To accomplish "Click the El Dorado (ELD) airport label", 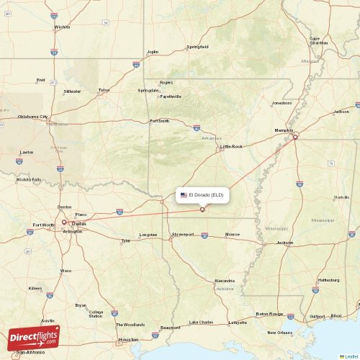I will pyautogui.click(x=207, y=195).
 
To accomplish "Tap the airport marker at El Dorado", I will pyautogui.click(x=202, y=210).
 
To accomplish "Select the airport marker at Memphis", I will pyautogui.click(x=294, y=137).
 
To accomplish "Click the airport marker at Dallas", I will pyautogui.click(x=64, y=222).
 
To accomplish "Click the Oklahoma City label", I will pyautogui.click(x=33, y=117).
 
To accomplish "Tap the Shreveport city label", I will pyautogui.click(x=183, y=235).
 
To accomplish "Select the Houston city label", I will pyautogui.click(x=128, y=339).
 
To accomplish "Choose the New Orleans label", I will pyautogui.click(x=279, y=333).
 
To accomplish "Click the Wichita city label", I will pyautogui.click(x=63, y=27).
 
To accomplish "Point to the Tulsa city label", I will pyautogui.click(x=104, y=90).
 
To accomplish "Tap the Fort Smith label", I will pyautogui.click(x=159, y=121).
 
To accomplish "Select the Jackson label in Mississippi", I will pyautogui.click(x=285, y=243).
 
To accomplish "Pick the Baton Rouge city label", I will pyautogui.click(x=269, y=314).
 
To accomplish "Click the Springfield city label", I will pyautogui.click(x=197, y=47).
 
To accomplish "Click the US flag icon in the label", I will pyautogui.click(x=184, y=195).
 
